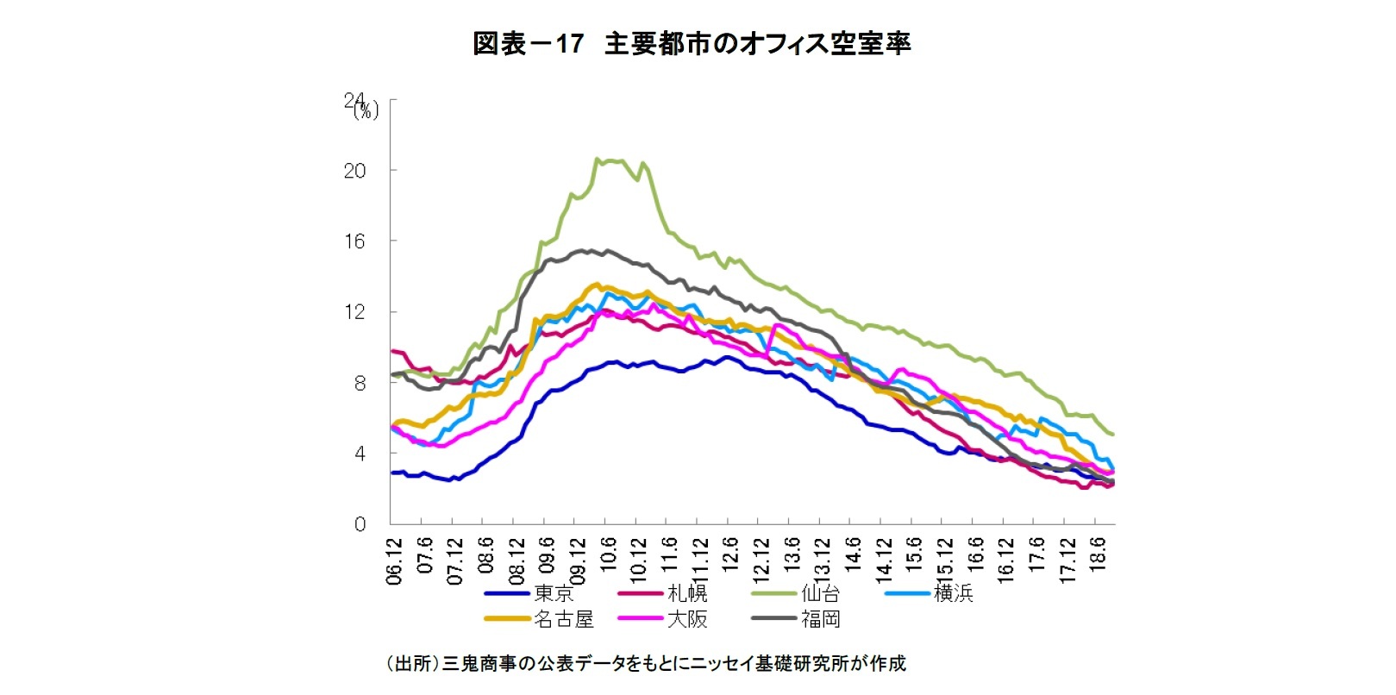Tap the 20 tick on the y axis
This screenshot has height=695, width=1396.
[354, 171]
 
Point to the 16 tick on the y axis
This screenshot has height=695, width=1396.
[354, 241]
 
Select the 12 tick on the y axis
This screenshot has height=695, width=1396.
[354, 312]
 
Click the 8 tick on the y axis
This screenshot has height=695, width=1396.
[360, 383]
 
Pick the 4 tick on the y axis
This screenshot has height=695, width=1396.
[360, 454]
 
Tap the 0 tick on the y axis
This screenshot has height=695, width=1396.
[360, 524]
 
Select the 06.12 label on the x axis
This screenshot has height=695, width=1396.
[395, 560]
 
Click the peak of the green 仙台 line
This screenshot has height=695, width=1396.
[597, 160]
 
